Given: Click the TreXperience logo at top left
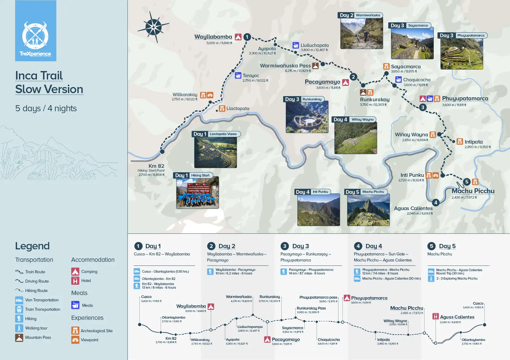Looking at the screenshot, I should coord(35,31).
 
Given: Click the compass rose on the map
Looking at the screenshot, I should coord(154,27).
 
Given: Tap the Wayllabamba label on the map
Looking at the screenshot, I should coord(213,37).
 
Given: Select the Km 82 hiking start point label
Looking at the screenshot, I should coord(156,166).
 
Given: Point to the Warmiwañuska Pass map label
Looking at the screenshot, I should coord(285,66).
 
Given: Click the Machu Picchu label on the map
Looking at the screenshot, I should coord(473,191).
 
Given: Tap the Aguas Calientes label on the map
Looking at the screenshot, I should coord(413,208).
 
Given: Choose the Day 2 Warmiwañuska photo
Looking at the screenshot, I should coord(361,34).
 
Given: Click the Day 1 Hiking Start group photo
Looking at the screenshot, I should coord(197,193).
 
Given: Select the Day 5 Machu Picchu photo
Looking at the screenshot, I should coord(368,210).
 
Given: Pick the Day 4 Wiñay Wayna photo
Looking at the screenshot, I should coord(355,138).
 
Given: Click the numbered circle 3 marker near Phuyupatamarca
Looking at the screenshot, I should coord(423,107).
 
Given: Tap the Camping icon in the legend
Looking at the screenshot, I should coord(75,271).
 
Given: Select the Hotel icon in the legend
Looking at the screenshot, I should coord(75,281).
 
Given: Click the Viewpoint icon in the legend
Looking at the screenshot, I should coord(75,340).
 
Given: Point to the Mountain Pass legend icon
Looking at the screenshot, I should coord(19,337).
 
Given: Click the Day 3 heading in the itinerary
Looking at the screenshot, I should coord(300,246).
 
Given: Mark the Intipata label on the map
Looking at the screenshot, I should coord(473,142).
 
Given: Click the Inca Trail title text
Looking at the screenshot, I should coord(39,76).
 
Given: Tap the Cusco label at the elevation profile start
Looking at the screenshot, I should coord(146,297).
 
